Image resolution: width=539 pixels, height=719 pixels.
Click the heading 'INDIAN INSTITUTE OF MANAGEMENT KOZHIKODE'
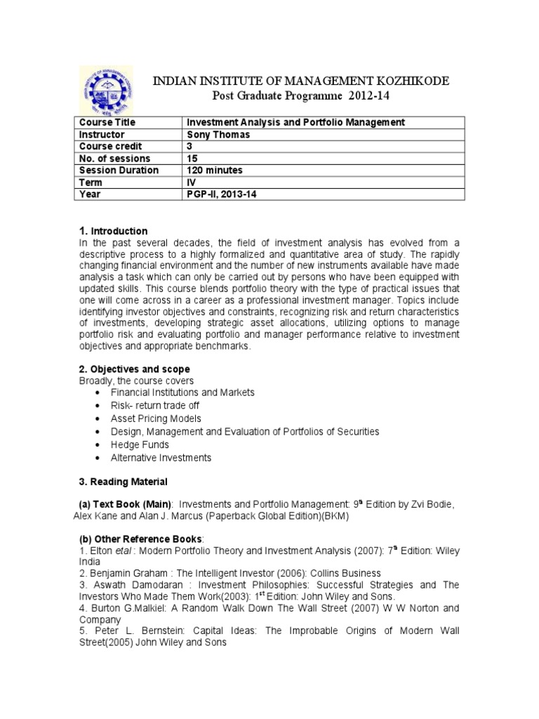(301, 82)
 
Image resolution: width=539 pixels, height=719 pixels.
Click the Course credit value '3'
(189, 146)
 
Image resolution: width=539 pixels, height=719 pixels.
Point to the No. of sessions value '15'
(191, 158)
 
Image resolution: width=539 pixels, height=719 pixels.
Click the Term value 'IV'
(190, 182)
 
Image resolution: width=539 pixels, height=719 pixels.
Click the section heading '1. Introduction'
(112, 231)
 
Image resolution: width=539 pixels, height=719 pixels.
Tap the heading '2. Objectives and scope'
(134, 369)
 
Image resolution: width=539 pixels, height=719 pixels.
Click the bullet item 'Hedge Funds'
(140, 445)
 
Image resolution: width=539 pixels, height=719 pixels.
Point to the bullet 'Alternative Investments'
(161, 458)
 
